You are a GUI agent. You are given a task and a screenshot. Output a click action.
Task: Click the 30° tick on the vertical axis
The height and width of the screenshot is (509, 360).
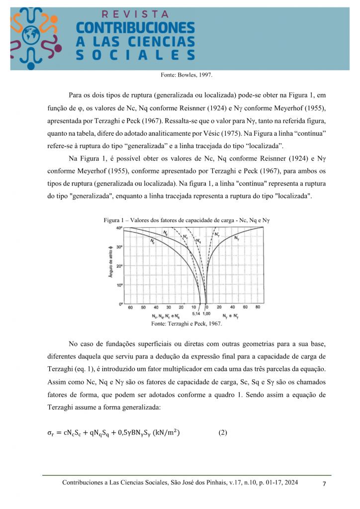coord(119,247)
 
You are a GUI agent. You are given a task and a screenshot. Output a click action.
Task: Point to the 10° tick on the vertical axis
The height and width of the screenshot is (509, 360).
coord(119,285)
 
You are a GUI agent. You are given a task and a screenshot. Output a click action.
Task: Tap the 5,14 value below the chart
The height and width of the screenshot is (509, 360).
coord(196,314)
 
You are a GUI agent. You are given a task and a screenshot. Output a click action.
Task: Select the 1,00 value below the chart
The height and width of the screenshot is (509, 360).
coord(207,314)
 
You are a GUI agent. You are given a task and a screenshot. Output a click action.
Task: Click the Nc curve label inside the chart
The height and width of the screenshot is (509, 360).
coord(152,241)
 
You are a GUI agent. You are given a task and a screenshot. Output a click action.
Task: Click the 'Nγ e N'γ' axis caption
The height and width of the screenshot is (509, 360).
coord(232,316)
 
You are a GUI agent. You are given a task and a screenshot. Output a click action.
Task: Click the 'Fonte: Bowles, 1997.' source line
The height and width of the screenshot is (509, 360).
coord(186,75)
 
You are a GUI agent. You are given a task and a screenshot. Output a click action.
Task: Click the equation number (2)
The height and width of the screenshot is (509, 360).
coord(223,432)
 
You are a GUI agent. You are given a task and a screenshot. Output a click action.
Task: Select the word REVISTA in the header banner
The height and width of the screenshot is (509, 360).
coord(135,14)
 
